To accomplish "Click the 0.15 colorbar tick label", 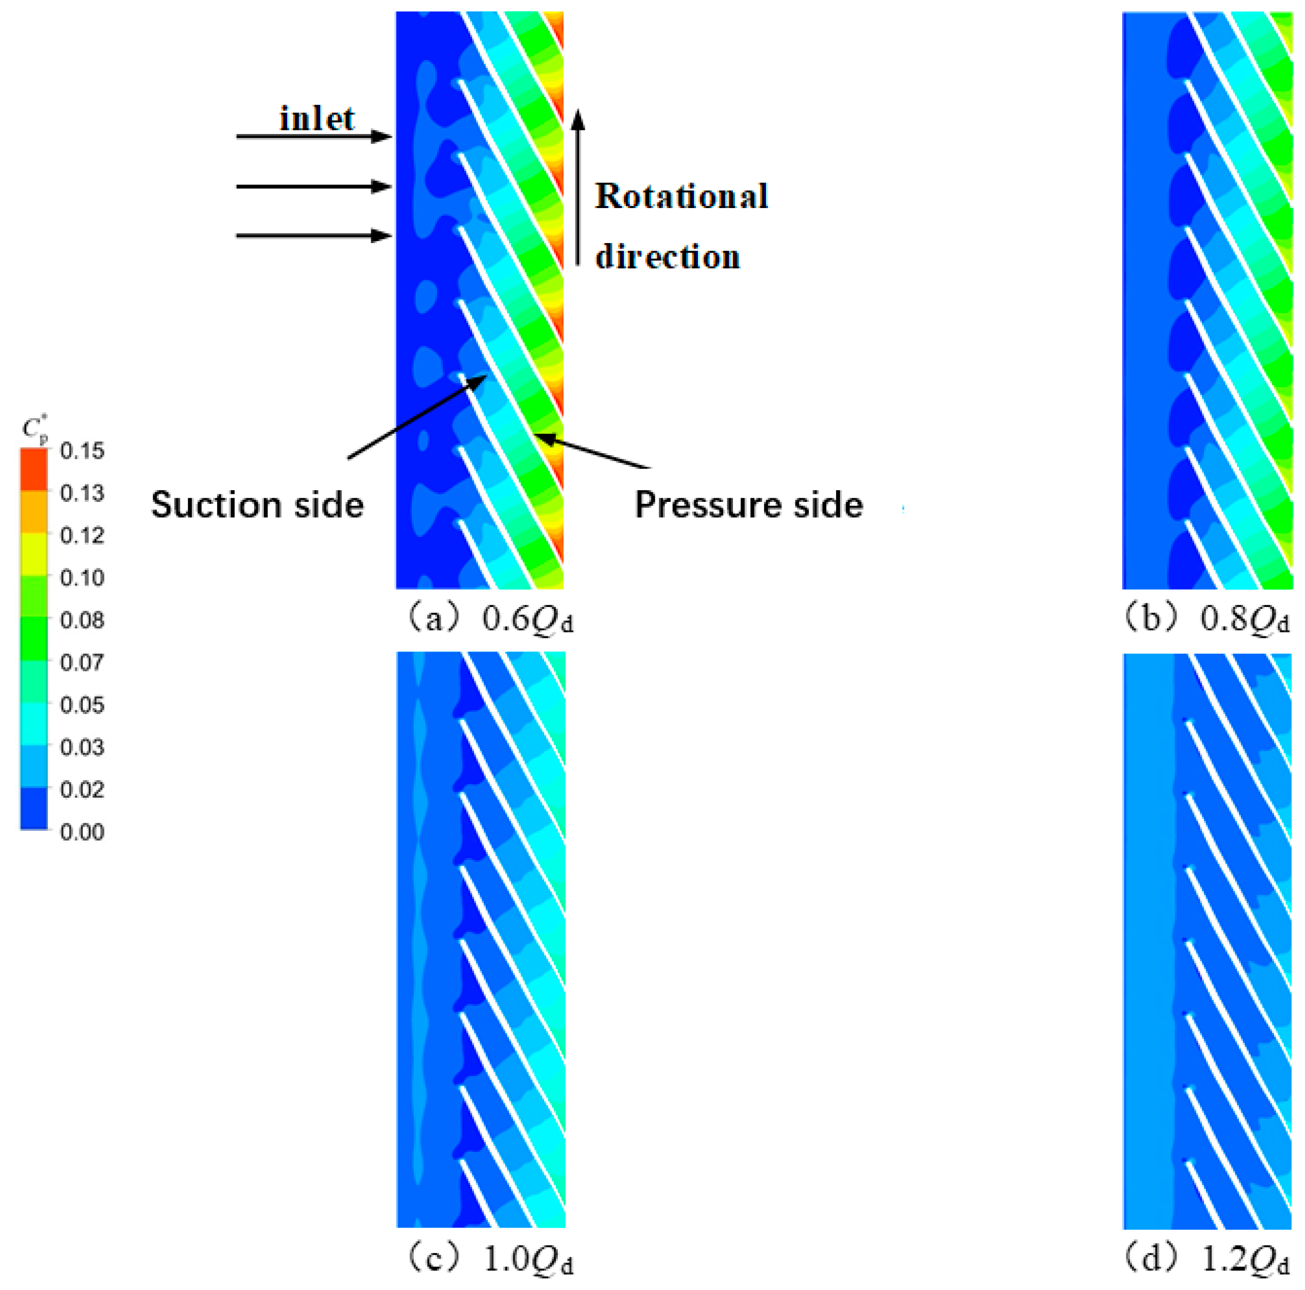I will [x=82, y=451].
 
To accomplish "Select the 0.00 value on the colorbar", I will [x=82, y=831].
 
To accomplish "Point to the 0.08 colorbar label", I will [x=82, y=620].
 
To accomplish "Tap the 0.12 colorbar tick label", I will [x=82, y=535].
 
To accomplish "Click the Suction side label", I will [x=257, y=505].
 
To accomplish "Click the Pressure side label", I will [x=748, y=505].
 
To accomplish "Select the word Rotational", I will [x=681, y=196].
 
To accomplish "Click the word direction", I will [x=667, y=257].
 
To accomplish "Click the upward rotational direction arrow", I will [x=578, y=189].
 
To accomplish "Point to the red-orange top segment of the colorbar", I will [x=34, y=470].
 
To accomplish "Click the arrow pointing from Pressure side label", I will [x=594, y=451].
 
